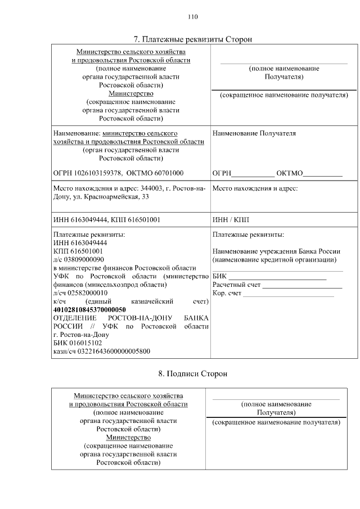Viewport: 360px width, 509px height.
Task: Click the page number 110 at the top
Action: pos(193,17)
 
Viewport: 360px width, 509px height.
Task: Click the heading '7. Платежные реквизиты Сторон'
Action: pos(193,39)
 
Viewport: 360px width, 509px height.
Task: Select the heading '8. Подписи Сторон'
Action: pos(193,374)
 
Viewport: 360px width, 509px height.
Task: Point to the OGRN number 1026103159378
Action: pos(96,173)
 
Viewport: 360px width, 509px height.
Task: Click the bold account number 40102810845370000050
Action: pos(89,310)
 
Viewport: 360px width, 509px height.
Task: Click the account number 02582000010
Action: pos(88,293)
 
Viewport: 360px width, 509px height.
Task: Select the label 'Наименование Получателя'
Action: pos(254,134)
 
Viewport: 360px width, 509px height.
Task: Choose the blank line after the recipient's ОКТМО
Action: pos(323,174)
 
